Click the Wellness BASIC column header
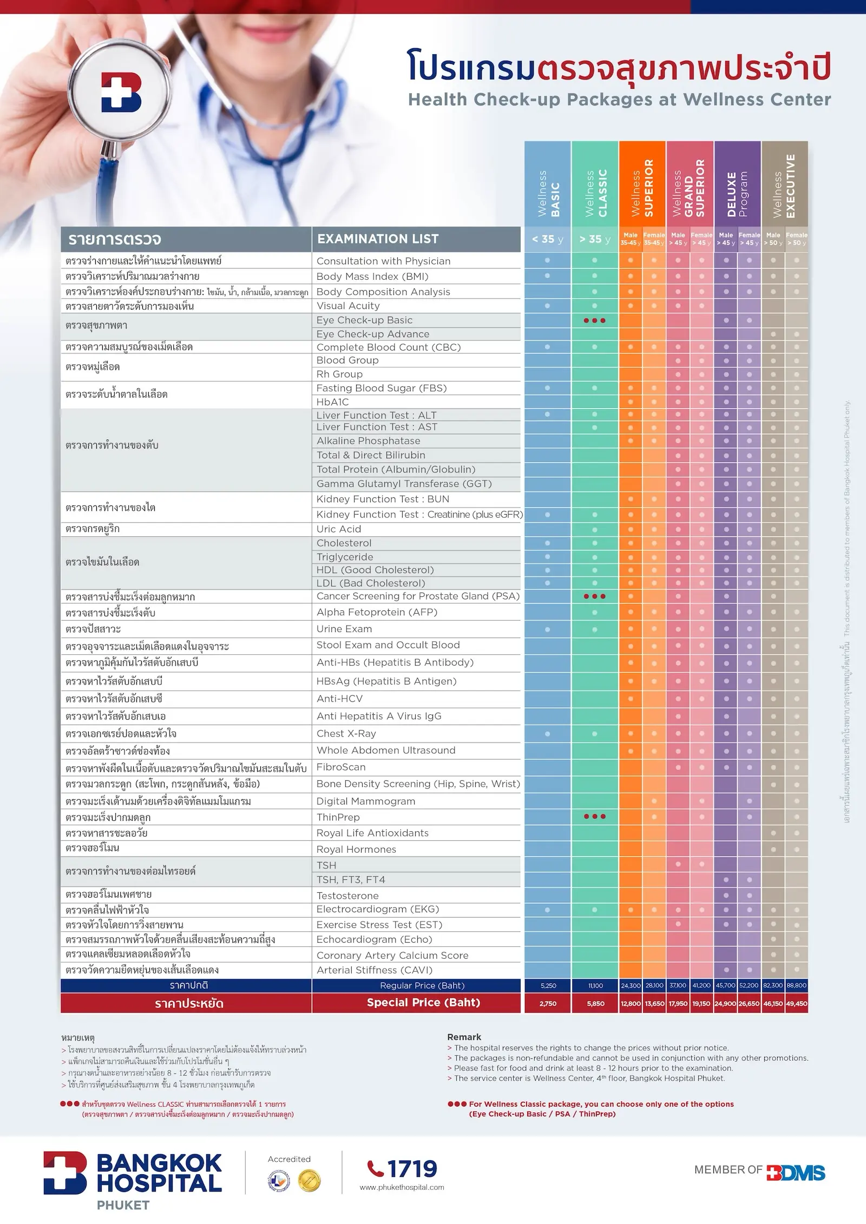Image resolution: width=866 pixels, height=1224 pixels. tap(548, 184)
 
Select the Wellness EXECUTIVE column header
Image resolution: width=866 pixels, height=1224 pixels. tap(785, 184)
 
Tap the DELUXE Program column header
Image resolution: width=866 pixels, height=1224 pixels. tap(737, 184)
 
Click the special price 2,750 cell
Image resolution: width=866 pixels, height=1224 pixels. tap(548, 1003)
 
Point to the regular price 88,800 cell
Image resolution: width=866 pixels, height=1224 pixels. tap(797, 985)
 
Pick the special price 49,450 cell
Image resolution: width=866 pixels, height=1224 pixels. tap(797, 1003)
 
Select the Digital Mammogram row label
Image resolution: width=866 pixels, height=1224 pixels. tap(366, 801)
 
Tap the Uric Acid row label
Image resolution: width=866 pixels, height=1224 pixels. tap(339, 529)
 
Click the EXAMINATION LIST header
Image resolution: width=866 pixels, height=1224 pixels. tap(378, 239)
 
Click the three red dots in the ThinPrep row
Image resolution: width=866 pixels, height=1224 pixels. tap(595, 816)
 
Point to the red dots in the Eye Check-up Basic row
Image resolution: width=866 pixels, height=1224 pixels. tap(595, 320)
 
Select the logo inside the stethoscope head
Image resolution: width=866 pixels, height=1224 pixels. tap(121, 93)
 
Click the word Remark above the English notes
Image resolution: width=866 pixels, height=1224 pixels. tap(464, 1037)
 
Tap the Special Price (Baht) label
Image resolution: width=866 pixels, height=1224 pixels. tap(423, 1002)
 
